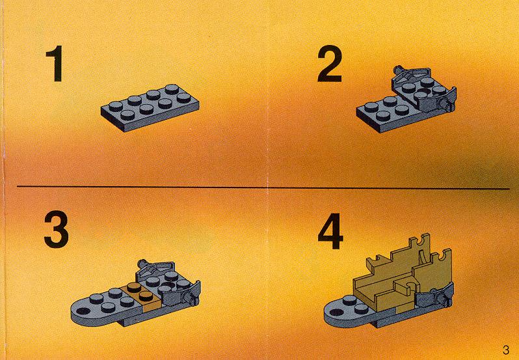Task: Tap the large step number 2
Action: pos(330,63)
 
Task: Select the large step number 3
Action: pos(57,230)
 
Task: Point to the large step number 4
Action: pos(330,231)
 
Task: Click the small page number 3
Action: pos(505,350)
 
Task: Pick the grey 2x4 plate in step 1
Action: pos(150,107)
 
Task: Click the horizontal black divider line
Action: pos(263,187)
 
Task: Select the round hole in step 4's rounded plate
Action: pos(338,312)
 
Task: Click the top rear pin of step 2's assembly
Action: pos(398,70)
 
